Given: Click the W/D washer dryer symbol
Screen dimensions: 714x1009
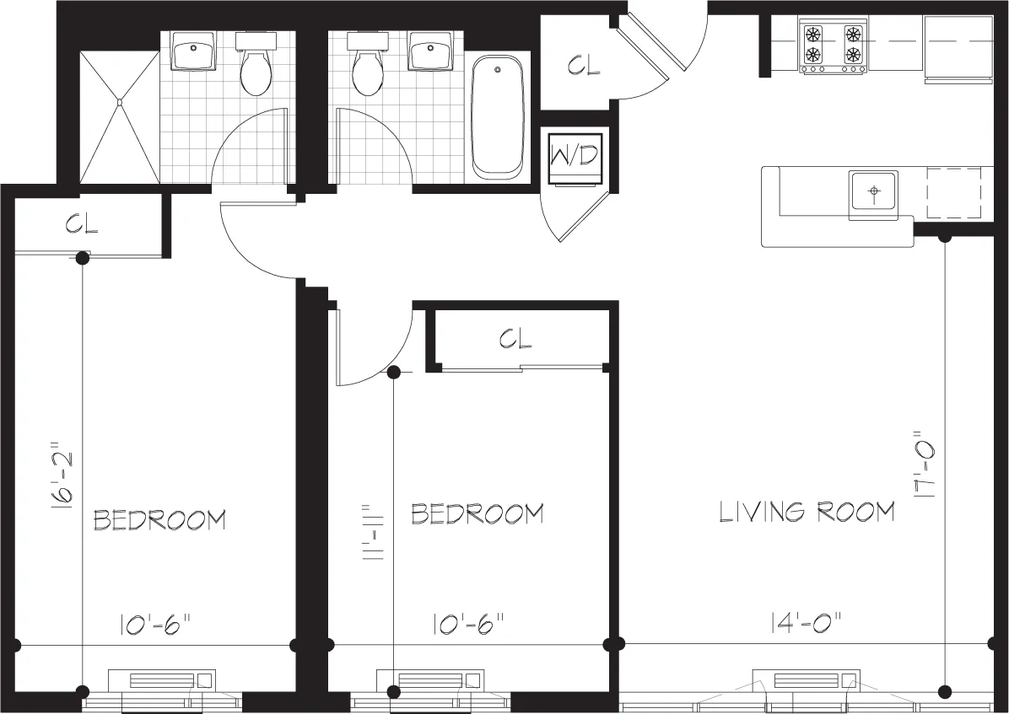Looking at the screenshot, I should point(575,158).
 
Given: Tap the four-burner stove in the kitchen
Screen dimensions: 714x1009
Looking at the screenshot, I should point(833,46).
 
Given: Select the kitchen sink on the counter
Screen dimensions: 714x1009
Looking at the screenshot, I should point(873,192).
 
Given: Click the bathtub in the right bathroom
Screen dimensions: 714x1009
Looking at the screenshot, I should point(497,116).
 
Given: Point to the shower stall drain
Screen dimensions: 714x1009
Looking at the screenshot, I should point(120,102).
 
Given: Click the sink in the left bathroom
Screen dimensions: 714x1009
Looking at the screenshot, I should point(192,52).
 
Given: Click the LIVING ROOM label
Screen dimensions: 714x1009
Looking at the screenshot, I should point(807,512).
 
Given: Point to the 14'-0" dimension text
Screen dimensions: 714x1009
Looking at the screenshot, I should point(806,624).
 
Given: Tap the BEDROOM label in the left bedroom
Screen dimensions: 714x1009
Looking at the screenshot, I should point(159,519).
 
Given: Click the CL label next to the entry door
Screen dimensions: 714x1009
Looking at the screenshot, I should point(584,66).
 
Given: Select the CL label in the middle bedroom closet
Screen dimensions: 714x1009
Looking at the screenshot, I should point(515,339).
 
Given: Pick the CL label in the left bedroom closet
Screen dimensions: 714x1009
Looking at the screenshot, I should point(82,225).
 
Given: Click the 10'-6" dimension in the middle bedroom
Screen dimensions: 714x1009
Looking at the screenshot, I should point(469,625).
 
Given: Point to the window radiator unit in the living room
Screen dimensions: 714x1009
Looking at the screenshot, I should point(806,680).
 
